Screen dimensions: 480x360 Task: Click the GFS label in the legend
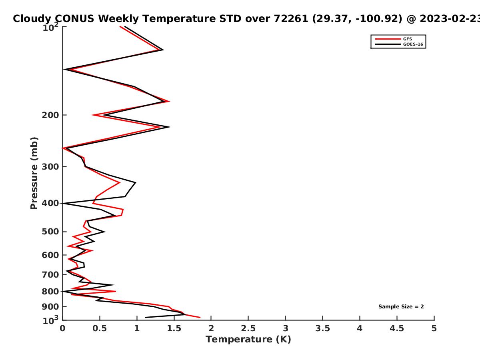[407, 39]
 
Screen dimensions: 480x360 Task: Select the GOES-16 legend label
[413, 44]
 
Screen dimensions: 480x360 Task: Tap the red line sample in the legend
[388, 39]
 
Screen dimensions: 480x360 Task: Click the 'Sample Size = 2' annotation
[401, 307]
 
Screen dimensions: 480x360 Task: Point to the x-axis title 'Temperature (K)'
[248, 340]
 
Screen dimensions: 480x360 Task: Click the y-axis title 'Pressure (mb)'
[34, 173]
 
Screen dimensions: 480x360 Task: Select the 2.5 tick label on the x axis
[248, 328]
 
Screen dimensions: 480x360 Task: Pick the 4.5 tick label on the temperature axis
[397, 328]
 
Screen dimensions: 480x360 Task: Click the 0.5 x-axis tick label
[100, 328]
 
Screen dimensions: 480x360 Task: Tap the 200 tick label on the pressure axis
[50, 115]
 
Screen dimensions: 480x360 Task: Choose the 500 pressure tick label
[50, 232]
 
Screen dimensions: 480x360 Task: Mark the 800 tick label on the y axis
[50, 291]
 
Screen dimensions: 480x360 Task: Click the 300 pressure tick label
[50, 166]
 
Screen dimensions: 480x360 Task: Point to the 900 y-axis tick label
[50, 307]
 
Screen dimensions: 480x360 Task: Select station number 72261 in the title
[291, 18]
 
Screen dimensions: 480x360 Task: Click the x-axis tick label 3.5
[322, 328]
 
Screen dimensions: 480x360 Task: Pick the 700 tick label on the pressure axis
[50, 274]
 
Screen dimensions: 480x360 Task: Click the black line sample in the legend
[388, 44]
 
